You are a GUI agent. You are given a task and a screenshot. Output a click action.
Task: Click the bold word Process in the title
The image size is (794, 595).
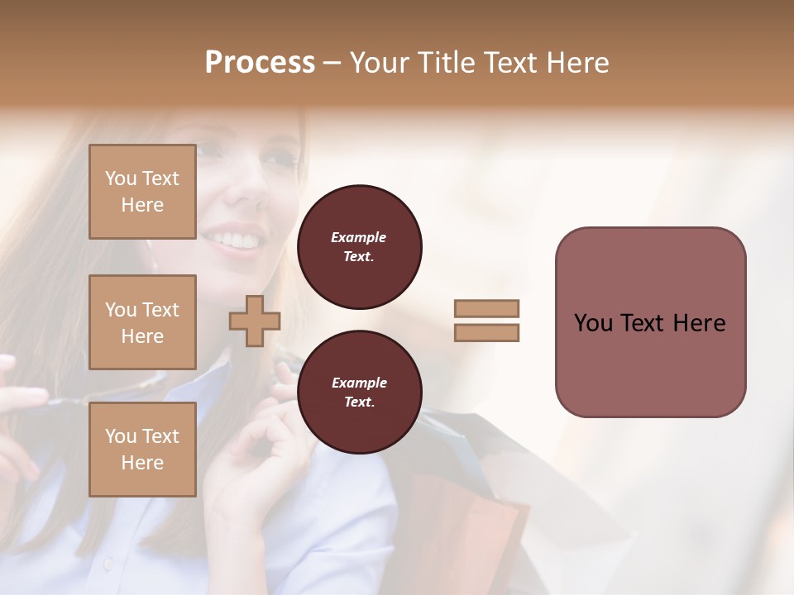pos(260,62)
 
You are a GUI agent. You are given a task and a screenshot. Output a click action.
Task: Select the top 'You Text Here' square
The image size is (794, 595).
pos(142,192)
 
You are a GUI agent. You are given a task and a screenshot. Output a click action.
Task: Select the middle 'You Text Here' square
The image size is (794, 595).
pos(142,322)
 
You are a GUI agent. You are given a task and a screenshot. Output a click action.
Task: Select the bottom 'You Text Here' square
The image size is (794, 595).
pos(142,449)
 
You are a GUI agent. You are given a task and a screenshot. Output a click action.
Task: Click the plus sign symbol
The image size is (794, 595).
pos(255,321)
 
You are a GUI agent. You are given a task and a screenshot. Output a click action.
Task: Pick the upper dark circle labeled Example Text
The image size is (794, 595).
pos(359,247)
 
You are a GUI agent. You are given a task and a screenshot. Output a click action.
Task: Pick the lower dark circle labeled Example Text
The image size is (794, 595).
pos(359,393)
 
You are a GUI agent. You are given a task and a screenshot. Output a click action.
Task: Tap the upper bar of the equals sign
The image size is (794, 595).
pos(486,308)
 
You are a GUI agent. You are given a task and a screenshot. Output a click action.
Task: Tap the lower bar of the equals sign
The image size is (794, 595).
pos(486,333)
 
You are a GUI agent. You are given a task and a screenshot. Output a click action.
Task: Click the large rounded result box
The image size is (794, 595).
pos(650,364)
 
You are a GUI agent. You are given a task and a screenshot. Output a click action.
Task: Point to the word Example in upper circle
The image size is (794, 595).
pos(359,237)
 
